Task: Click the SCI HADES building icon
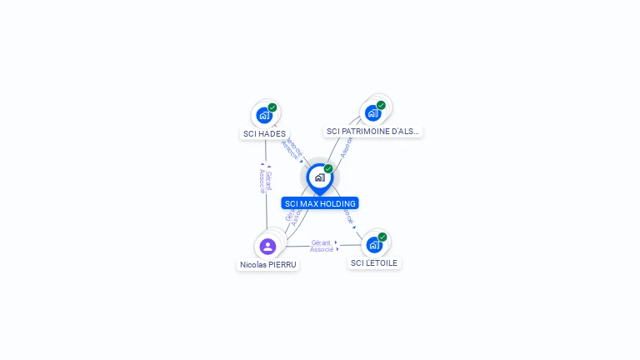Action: pos(264,115)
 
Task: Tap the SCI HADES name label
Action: pos(264,133)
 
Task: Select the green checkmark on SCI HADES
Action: pos(272,107)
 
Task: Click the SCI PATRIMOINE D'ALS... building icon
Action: pos(372,112)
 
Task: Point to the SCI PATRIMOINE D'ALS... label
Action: pos(373,131)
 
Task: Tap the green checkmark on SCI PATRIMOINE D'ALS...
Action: pos(381,106)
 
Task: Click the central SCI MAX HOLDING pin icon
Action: pos(319,177)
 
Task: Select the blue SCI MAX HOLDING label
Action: pos(320,203)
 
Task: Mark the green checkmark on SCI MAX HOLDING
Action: pos(328,169)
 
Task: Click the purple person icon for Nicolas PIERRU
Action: pos(267,246)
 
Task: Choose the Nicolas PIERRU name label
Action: pos(268,264)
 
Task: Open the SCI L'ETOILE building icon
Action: pos(374,244)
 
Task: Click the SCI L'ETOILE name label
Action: pos(375,262)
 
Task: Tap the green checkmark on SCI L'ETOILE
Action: pos(382,237)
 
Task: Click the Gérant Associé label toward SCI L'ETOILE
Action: pos(322,246)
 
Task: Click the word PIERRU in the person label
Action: pos(282,264)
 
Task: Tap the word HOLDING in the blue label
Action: pos(339,203)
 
